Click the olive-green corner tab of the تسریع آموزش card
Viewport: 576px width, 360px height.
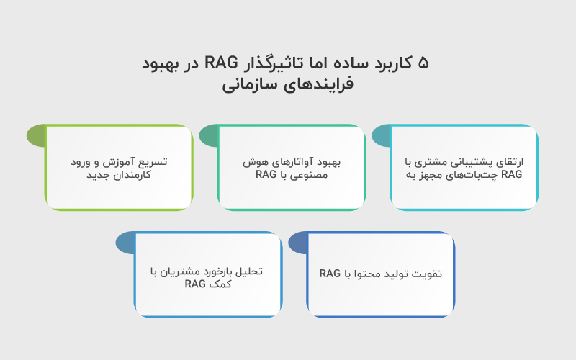point(36,135)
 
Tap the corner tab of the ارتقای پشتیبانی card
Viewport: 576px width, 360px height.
point(382,135)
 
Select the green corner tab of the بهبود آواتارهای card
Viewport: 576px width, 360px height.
point(209,135)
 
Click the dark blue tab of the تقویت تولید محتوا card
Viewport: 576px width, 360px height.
point(298,243)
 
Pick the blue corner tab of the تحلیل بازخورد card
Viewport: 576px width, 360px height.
point(125,243)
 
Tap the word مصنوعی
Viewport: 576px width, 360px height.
point(312,175)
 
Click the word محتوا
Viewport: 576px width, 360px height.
point(364,274)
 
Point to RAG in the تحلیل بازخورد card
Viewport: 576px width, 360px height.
point(196,284)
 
